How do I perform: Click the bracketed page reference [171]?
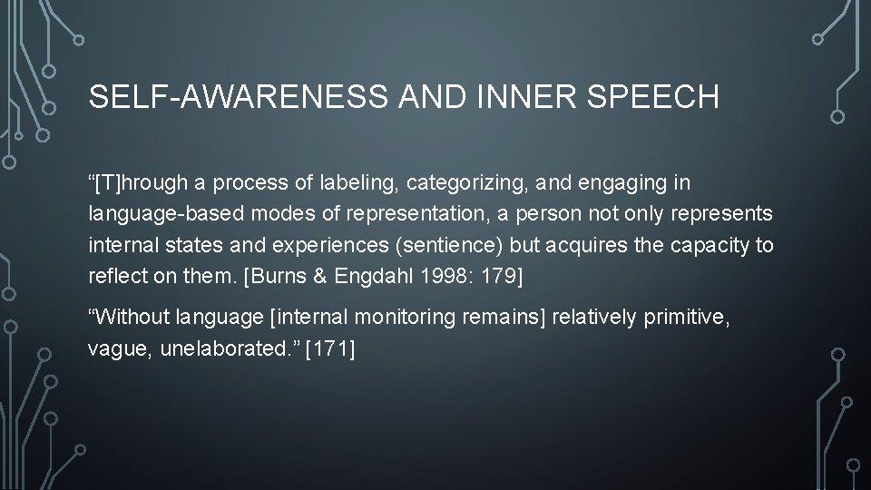[330, 348]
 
